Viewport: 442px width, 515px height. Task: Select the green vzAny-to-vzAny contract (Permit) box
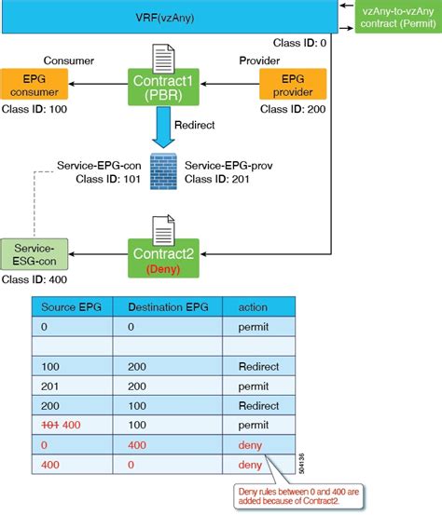pos(398,17)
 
